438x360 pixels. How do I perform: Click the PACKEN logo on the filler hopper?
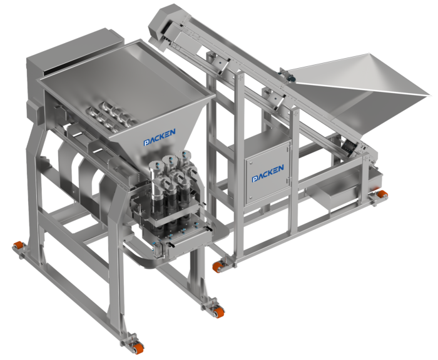click(x=160, y=137)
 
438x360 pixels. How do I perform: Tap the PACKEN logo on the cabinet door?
click(x=268, y=173)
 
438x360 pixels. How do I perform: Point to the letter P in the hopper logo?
click(x=146, y=142)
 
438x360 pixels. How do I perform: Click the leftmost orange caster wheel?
click(x=18, y=247)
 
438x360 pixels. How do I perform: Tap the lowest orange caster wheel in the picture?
click(x=138, y=348)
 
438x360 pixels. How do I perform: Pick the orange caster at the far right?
click(x=382, y=194)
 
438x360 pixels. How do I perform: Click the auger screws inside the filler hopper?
click(x=113, y=114)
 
